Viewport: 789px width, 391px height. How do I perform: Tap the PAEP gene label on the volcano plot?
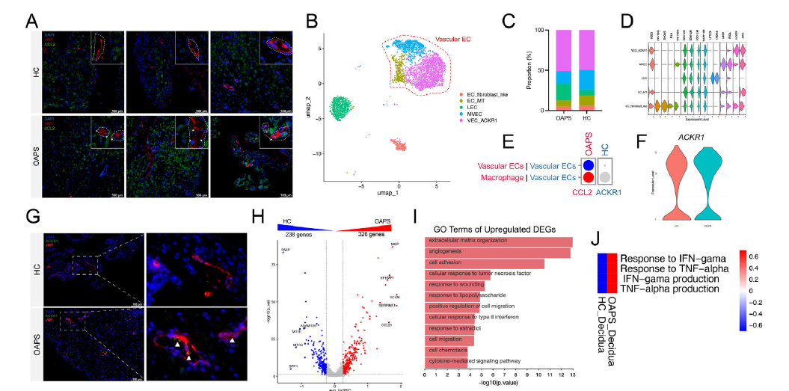[x=285, y=250]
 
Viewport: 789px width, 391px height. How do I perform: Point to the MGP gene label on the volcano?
[x=395, y=244]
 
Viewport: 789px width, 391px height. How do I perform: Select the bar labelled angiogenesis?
[x=497, y=252]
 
